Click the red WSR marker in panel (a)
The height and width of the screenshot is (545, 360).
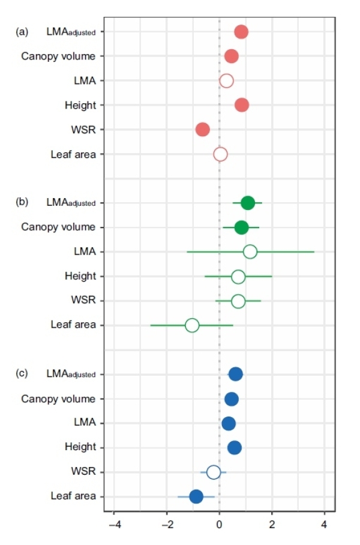pyautogui.click(x=203, y=130)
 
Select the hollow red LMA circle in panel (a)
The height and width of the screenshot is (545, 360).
pyautogui.click(x=226, y=81)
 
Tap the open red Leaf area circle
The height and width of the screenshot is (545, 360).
pyautogui.click(x=220, y=154)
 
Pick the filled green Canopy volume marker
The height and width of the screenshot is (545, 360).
pyautogui.click(x=241, y=227)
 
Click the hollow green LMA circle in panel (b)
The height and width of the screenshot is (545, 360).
pyautogui.click(x=250, y=252)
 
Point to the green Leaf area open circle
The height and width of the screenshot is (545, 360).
pyautogui.click(x=192, y=325)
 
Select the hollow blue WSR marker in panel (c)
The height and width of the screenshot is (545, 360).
pyautogui.click(x=214, y=472)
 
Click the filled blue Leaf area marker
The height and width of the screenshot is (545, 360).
pyautogui.click(x=196, y=496)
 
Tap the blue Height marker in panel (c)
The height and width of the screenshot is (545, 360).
pyautogui.click(x=235, y=448)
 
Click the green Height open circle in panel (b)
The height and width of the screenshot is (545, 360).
pyautogui.click(x=238, y=277)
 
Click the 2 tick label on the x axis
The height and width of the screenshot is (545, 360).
pyautogui.click(x=272, y=525)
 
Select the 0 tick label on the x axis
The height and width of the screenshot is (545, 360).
pyautogui.click(x=219, y=525)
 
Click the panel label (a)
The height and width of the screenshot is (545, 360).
pyautogui.click(x=22, y=32)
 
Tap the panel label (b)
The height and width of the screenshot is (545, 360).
pyautogui.click(x=22, y=202)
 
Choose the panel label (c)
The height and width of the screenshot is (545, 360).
pyautogui.click(x=22, y=373)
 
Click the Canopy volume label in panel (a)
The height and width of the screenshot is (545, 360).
pyautogui.click(x=59, y=56)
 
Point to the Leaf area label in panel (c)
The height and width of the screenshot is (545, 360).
pyautogui.click(x=73, y=496)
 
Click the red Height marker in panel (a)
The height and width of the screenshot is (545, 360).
pyautogui.click(x=242, y=105)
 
